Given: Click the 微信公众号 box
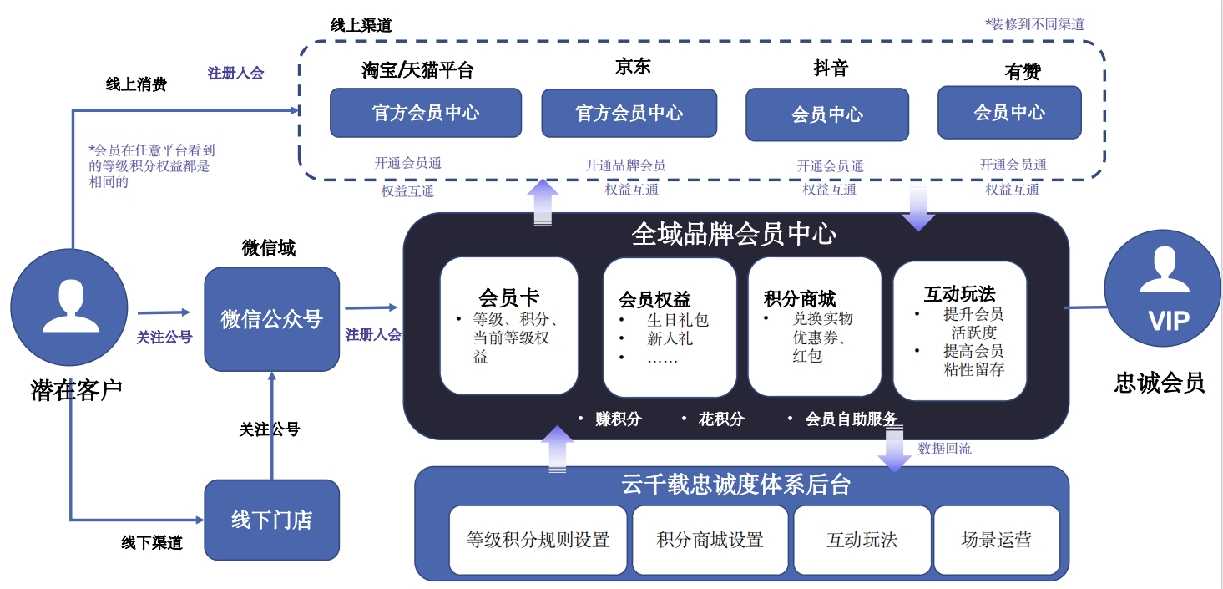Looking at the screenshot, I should pyautogui.click(x=271, y=319).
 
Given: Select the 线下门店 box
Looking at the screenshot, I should pyautogui.click(x=271, y=520).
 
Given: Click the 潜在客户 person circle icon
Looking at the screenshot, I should pyautogui.click(x=68, y=307).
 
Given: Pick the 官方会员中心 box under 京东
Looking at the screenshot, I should pyautogui.click(x=629, y=113).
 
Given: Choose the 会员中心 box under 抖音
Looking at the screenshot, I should pyautogui.click(x=826, y=114).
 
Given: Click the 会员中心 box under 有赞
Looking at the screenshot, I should pyautogui.click(x=1009, y=112).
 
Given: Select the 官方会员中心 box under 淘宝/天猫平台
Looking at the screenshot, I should pyautogui.click(x=426, y=113).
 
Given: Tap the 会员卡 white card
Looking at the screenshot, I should pyautogui.click(x=508, y=326).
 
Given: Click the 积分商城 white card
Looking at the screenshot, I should pyautogui.click(x=814, y=326).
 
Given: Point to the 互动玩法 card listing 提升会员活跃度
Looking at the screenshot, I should pyautogui.click(x=959, y=330).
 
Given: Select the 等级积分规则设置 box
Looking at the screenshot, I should pyautogui.click(x=538, y=540).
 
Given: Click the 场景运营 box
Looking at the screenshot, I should pyautogui.click(x=996, y=540).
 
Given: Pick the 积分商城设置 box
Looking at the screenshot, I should pyautogui.click(x=710, y=540).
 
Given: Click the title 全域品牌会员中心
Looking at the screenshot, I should pyautogui.click(x=734, y=234).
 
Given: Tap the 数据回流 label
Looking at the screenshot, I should pyautogui.click(x=944, y=449).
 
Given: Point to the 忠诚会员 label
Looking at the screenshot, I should pyautogui.click(x=1160, y=383).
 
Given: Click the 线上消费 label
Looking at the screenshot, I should pyautogui.click(x=136, y=84).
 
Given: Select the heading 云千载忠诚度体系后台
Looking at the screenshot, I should pyautogui.click(x=735, y=485).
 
